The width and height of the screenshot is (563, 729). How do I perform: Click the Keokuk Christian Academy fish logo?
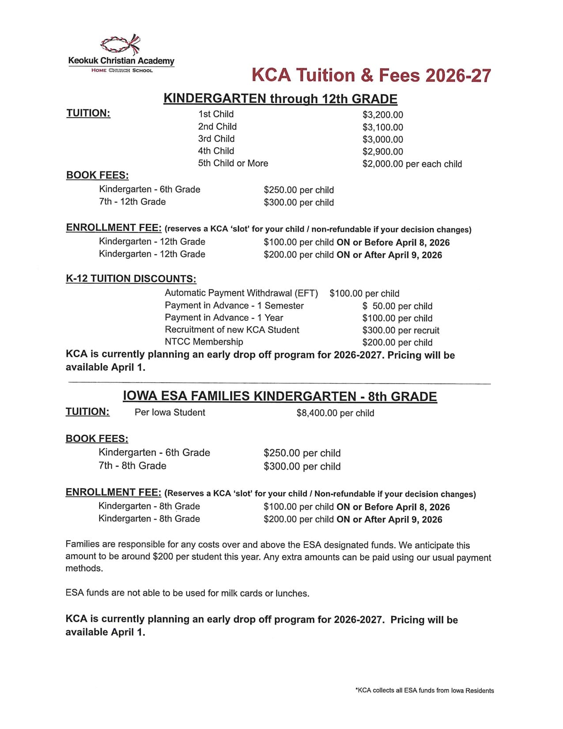pos(121,44)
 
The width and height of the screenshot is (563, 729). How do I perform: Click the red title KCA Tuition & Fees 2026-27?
pos(371,75)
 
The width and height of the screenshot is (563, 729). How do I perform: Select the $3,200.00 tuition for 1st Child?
pos(383,115)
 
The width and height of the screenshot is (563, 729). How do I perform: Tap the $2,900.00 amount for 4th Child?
pos(383,152)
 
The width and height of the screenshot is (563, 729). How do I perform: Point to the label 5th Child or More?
pos(233,163)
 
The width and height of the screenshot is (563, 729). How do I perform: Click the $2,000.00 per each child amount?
pos(412,164)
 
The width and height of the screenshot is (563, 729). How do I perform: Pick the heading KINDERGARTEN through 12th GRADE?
pos(280,99)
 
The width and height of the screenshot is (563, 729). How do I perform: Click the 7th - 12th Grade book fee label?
pos(132,201)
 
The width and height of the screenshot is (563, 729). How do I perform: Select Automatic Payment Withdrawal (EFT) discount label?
pos(241,293)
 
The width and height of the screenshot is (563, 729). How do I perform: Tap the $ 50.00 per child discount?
pos(397,306)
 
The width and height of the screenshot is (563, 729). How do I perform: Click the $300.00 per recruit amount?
pos(401,330)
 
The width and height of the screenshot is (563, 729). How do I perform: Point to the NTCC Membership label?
pos(204,342)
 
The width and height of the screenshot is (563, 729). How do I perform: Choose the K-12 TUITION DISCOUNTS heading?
pos(131,279)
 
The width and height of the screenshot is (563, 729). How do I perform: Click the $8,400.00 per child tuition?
pos(335,413)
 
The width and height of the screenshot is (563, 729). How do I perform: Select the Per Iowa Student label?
pos(170,412)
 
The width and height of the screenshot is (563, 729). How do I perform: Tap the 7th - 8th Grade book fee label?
pos(132,466)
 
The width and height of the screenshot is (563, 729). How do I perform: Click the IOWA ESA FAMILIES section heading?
pos(280,396)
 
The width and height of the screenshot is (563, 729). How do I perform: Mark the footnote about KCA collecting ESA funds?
pos(425,691)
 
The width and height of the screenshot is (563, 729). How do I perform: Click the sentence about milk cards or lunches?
pos(187,593)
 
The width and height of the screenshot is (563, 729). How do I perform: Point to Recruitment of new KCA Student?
pos(232,330)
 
